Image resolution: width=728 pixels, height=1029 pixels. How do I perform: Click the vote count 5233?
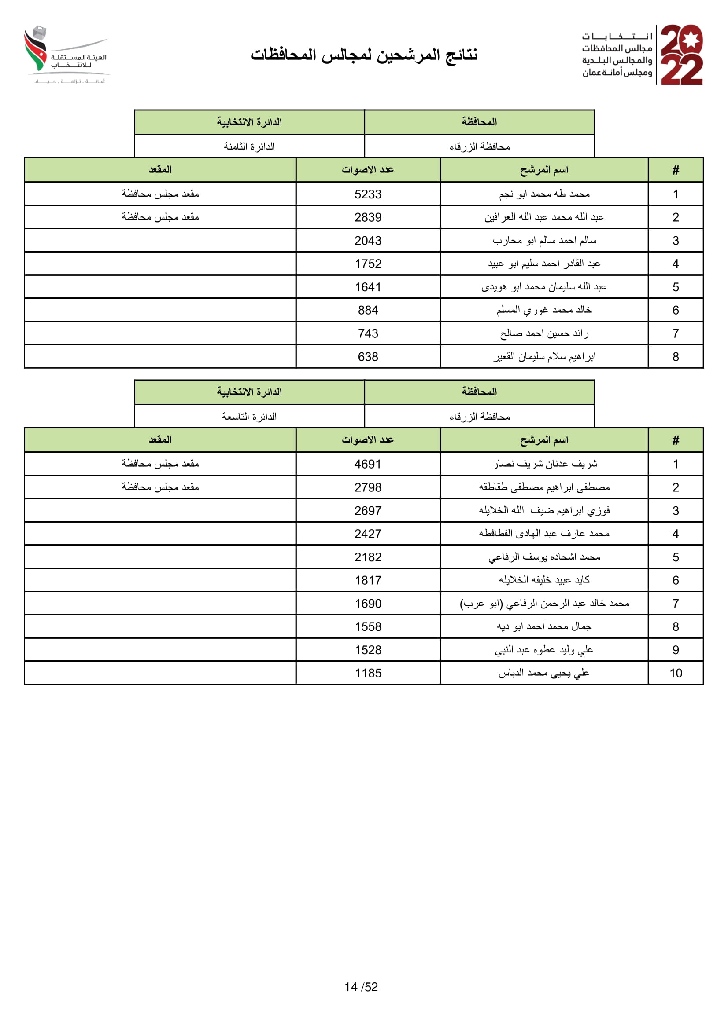click(368, 194)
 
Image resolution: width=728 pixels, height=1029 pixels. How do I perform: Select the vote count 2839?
click(368, 217)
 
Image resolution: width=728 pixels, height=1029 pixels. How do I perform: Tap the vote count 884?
click(368, 310)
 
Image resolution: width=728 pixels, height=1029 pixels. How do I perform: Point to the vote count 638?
click(368, 357)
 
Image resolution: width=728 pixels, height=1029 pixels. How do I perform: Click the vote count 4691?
click(368, 464)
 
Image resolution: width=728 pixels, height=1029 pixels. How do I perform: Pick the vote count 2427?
click(368, 534)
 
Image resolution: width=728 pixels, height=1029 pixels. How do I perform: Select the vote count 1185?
click(368, 673)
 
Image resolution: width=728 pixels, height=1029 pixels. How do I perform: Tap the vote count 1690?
click(368, 604)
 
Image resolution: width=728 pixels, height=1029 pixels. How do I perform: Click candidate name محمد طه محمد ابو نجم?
click(544, 194)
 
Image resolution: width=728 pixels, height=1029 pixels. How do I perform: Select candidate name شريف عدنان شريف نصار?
click(544, 464)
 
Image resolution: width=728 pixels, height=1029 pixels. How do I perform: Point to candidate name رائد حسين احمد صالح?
click(544, 333)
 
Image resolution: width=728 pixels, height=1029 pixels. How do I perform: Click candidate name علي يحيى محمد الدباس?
click(544, 673)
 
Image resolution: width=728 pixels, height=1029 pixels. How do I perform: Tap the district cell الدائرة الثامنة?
click(249, 146)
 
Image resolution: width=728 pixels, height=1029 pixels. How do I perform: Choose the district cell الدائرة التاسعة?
click(249, 417)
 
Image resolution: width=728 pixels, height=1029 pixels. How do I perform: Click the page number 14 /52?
click(361, 987)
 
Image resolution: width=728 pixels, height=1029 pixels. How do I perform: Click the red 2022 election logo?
click(681, 55)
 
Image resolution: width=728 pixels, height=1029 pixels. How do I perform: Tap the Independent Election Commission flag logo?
click(36, 49)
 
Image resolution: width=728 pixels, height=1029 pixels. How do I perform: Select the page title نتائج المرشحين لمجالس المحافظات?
click(364, 55)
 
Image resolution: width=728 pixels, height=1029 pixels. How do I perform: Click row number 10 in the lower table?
click(676, 673)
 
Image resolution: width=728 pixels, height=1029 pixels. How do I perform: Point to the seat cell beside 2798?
click(160, 487)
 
